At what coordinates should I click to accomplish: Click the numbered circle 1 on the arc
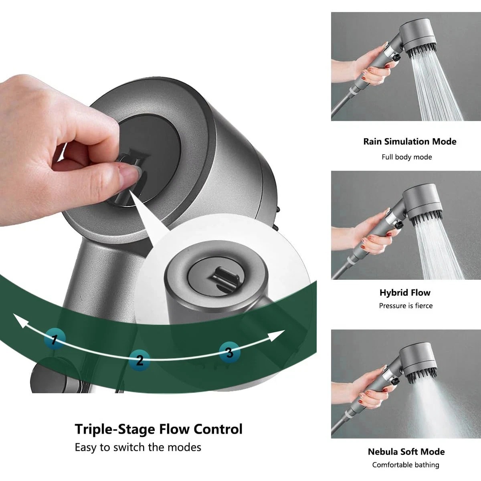55,339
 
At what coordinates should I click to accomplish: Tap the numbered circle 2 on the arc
139,360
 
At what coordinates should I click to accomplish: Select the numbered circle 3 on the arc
229,352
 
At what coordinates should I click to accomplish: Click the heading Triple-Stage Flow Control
159,429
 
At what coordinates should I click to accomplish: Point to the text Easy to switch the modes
138,447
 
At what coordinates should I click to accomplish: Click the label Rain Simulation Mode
410,141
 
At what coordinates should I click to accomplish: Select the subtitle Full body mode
406,157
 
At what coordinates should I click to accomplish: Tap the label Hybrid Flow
405,293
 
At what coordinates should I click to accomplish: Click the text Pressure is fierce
406,305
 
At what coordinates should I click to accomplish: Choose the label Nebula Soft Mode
406,452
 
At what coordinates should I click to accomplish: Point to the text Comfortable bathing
406,465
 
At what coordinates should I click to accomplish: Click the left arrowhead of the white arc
20,321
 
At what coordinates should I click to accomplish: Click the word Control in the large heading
218,429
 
